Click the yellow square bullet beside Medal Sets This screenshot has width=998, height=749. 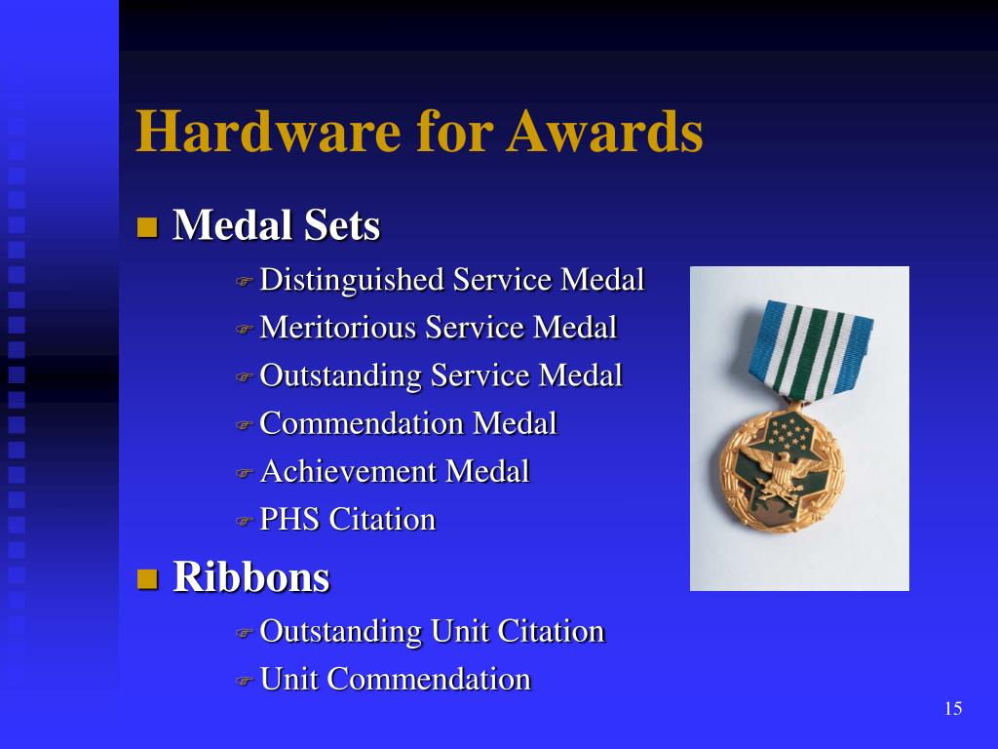point(147,229)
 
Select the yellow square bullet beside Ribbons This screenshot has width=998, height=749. point(147,579)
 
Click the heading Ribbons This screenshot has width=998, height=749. point(251,577)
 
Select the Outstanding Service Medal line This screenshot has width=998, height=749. point(441,375)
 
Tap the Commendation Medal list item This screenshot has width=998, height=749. point(408,423)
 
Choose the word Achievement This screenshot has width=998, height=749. point(349,471)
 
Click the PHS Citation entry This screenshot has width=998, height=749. point(347,519)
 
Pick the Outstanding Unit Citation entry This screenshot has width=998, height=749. point(432,631)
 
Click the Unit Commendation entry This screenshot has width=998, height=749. point(395,679)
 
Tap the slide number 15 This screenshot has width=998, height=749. point(953,709)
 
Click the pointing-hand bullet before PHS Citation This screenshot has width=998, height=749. point(244,521)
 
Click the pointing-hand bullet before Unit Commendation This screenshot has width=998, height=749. point(244,681)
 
